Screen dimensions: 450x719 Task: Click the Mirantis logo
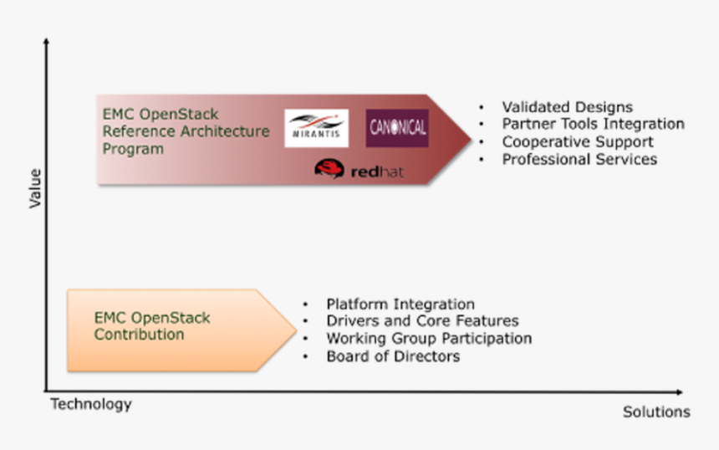click(x=316, y=128)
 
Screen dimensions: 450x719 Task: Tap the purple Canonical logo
click(x=397, y=128)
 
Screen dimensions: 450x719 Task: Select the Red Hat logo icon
click(x=329, y=169)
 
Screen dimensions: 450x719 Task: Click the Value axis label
click(x=35, y=188)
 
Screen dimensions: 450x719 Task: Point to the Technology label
click(x=91, y=405)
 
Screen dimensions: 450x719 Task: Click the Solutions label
click(x=656, y=412)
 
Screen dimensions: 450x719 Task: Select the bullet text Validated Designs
click(x=567, y=107)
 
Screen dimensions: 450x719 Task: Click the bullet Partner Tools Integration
click(x=593, y=124)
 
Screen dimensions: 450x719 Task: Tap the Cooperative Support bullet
click(x=578, y=141)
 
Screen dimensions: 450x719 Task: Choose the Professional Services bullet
click(x=579, y=159)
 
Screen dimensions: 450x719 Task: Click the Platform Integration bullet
click(x=400, y=304)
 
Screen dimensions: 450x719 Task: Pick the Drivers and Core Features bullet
click(x=422, y=321)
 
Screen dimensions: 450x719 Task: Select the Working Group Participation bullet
click(x=429, y=339)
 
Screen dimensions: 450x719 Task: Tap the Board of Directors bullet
click(x=393, y=356)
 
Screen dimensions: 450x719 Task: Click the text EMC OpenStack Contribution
click(x=152, y=327)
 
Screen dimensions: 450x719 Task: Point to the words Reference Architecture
click(x=186, y=131)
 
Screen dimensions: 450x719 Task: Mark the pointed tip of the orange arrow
click(x=295, y=330)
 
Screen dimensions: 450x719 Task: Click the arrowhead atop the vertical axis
click(x=46, y=41)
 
